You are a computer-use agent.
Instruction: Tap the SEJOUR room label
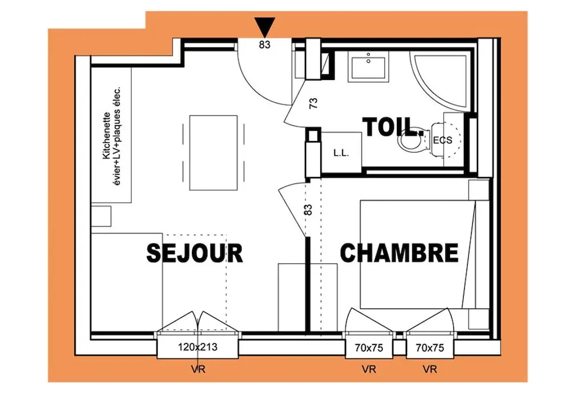pos(195,253)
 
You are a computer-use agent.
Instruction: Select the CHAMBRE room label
pos(399,253)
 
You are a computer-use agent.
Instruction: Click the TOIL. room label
pos(393,127)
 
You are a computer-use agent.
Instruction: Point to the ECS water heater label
pos(443,140)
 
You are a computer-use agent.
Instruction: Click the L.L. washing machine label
pos(341,153)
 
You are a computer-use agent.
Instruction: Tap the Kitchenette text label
pos(106,135)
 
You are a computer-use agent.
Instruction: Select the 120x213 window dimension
pos(198,347)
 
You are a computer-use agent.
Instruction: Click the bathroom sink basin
pos(368,66)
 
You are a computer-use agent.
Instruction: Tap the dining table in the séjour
pos(214,153)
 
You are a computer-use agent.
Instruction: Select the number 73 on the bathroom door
pos(313,103)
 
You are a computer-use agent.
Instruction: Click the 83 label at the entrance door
pos(265,45)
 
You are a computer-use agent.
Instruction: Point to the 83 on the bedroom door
pos(308,210)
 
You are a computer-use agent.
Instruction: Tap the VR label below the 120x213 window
pos(198,370)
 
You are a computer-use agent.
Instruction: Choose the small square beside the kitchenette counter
pos(101,216)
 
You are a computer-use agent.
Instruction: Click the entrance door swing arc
pos(254,86)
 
